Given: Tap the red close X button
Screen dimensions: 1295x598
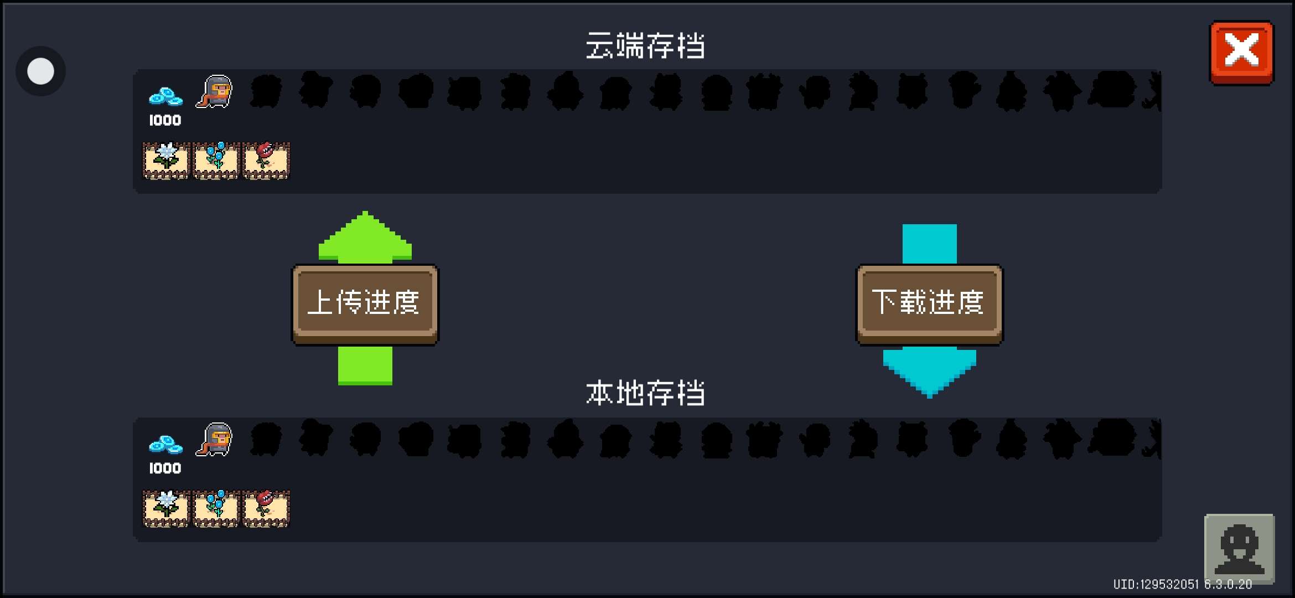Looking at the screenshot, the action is coord(1242,52).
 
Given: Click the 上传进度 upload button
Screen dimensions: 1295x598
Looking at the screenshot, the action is coord(365,304).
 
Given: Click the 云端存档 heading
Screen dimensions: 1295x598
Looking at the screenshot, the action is coord(645,45).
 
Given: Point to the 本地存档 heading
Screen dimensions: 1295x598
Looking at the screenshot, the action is coord(645,393).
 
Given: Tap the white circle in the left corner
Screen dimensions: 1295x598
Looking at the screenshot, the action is coord(40,71).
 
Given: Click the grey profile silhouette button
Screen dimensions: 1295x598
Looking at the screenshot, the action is coord(1240,548).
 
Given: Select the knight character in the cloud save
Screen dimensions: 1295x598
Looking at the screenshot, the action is coord(214,91).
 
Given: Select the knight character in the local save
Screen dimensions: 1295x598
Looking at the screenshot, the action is coord(214,439).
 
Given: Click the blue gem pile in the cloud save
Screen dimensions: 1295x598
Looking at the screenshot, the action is coord(165,97).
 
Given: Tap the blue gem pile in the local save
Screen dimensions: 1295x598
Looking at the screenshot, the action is coord(165,445).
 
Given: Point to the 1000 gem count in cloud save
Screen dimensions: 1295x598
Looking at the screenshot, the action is coord(165,120).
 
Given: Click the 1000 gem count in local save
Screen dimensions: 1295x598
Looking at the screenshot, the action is coord(165,468).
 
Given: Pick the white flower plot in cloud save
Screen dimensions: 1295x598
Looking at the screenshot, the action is coord(166,161).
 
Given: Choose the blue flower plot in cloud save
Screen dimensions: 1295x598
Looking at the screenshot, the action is coord(216,161).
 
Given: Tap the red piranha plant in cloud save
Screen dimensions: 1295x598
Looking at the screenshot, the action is coord(266,161).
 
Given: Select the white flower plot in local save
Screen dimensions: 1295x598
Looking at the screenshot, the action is coord(166,508).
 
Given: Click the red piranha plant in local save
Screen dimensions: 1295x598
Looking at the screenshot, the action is coord(266,508).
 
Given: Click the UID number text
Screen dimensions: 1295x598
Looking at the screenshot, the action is coord(1156,584).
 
